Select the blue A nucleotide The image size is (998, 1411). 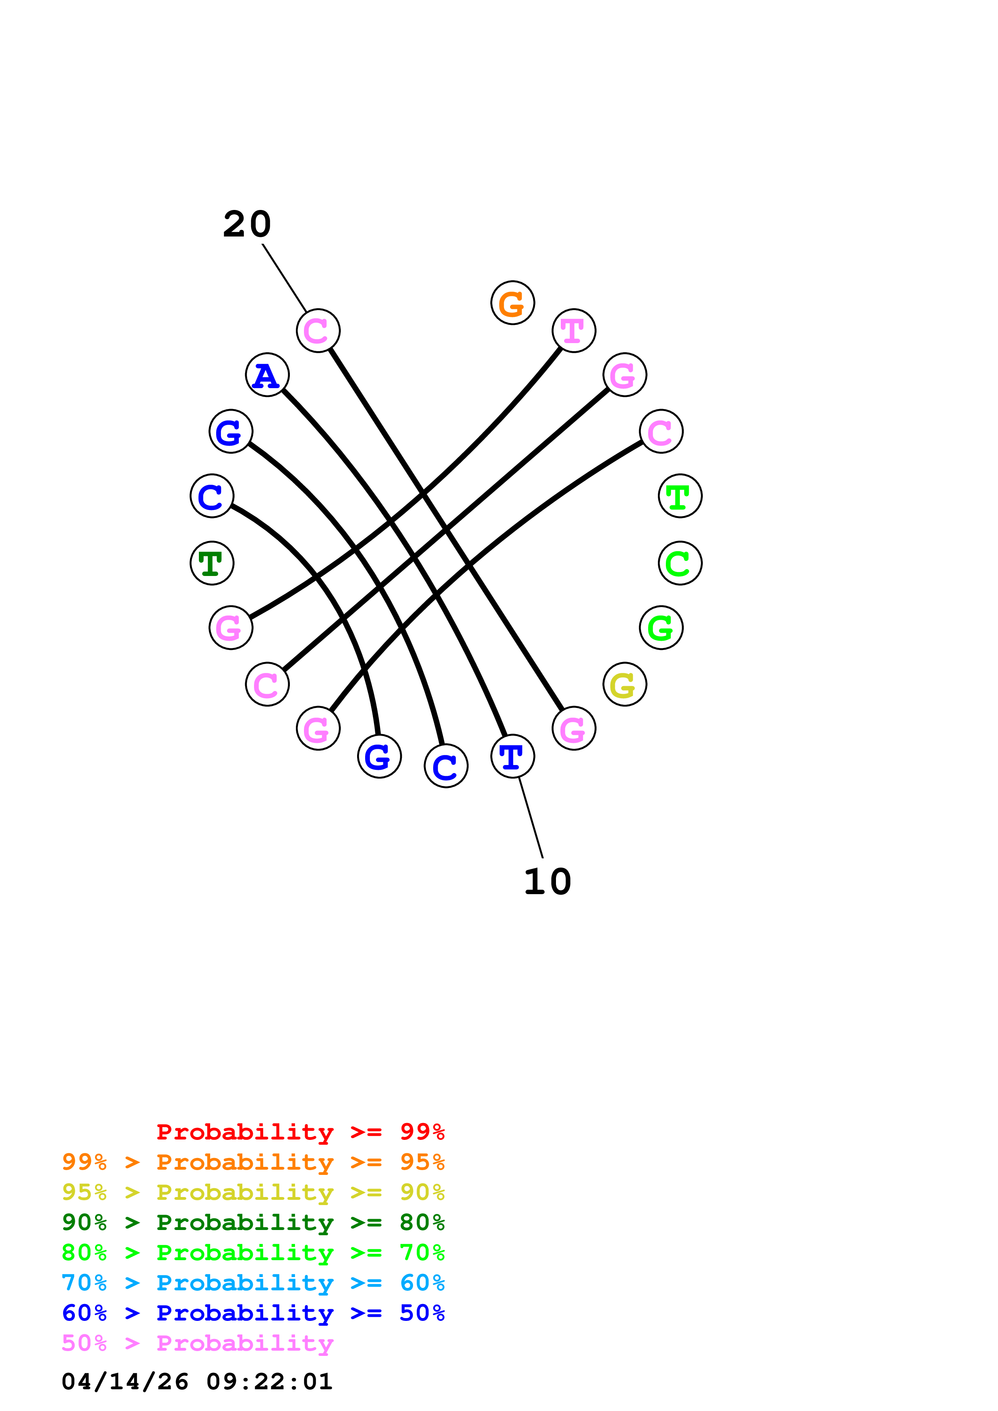267,375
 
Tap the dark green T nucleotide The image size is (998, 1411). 211,563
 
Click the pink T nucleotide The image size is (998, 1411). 573,331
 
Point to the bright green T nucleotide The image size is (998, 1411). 680,496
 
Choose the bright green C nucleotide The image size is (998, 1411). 680,563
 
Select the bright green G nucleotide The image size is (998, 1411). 661,627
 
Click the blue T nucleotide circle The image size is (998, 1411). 512,756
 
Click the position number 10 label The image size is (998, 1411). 547,882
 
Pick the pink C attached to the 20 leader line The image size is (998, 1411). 318,331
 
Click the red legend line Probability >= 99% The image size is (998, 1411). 300,1131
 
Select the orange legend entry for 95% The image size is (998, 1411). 253,1162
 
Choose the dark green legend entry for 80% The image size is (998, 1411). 253,1222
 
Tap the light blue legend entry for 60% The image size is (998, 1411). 253,1283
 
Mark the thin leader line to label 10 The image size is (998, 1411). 531,817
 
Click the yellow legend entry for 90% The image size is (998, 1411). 253,1192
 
